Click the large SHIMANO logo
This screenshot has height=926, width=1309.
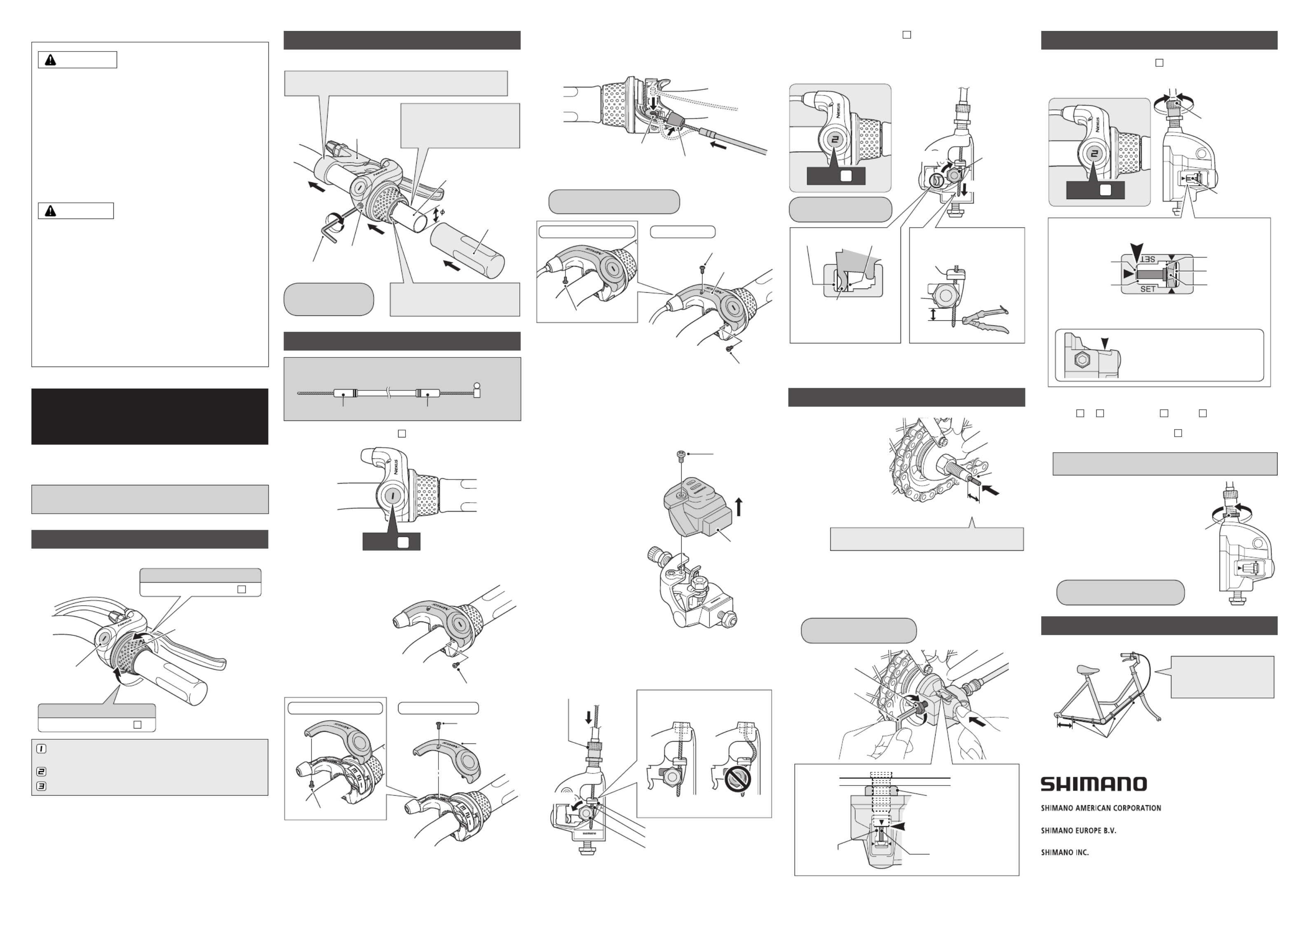[1093, 784]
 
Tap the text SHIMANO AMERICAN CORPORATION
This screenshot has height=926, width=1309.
[1101, 808]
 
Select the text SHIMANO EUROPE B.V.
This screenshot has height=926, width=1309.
[1078, 831]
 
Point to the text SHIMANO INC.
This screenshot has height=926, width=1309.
[1065, 853]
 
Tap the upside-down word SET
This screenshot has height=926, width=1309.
[1147, 259]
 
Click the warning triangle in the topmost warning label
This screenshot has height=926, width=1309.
[50, 60]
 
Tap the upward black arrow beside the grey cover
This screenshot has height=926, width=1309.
[739, 506]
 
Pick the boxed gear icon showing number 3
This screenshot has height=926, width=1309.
[41, 786]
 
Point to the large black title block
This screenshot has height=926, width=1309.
[149, 416]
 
